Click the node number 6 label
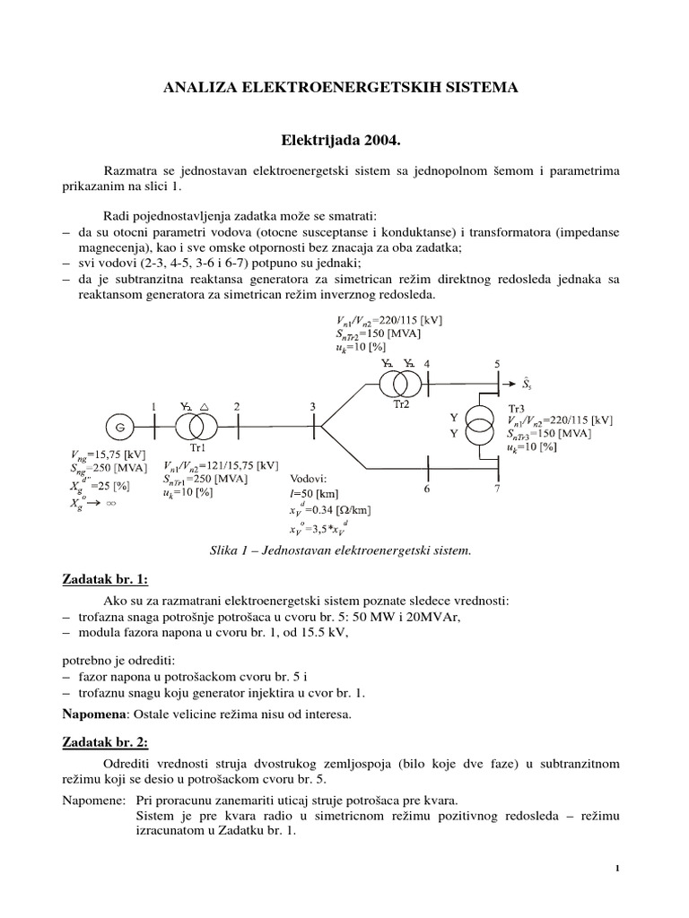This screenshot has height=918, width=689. pyautogui.click(x=427, y=489)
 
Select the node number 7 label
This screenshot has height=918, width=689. pyautogui.click(x=498, y=489)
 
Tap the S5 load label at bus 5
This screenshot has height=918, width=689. pyautogui.click(x=531, y=385)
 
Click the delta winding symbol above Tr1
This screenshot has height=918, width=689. pyautogui.click(x=205, y=406)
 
